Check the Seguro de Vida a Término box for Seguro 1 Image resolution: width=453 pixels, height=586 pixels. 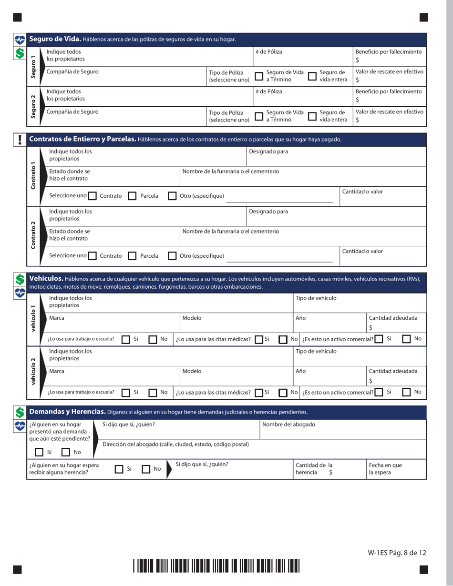(259, 76)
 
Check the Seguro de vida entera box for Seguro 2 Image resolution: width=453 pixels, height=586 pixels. (313, 116)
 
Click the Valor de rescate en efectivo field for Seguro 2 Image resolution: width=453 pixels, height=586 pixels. (390, 120)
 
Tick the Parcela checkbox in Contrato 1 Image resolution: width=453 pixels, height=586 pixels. (133, 196)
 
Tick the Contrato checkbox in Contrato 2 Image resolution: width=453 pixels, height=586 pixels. (93, 256)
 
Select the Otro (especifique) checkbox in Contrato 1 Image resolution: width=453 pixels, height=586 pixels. (173, 196)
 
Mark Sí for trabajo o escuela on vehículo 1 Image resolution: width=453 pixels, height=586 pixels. (126, 339)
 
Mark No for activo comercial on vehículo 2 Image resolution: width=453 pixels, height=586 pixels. (407, 393)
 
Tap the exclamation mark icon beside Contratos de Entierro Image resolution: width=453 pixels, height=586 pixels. (19, 140)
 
